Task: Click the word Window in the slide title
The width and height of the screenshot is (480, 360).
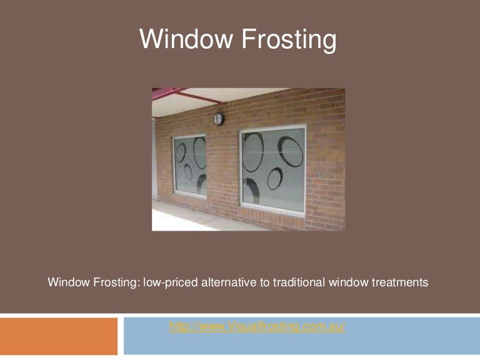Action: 182,39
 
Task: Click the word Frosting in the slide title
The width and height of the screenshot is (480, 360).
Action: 288,39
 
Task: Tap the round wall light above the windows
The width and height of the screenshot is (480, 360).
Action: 219,118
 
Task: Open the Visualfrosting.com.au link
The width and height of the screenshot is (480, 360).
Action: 257,327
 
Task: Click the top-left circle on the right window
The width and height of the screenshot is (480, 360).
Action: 253,151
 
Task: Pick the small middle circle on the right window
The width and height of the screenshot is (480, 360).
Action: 274,179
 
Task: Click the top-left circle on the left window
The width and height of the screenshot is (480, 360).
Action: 180,151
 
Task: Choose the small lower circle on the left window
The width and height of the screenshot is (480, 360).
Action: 187,172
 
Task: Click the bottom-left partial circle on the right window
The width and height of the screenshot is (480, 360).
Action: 252,191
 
